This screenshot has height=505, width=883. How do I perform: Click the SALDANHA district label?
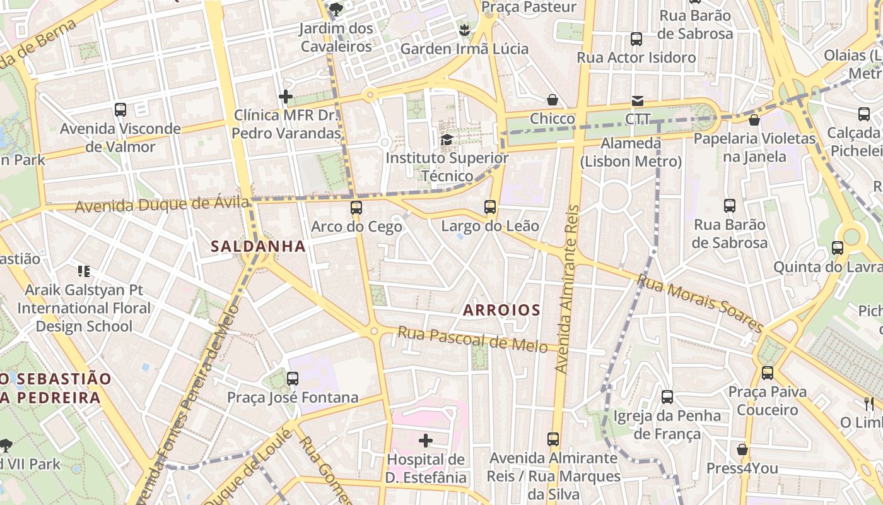259,246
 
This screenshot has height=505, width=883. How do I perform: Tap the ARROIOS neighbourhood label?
501,310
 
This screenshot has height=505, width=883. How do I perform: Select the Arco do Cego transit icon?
356,208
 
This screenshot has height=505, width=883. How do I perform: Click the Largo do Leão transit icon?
490,206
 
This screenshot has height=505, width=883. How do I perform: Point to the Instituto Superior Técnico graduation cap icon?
447,140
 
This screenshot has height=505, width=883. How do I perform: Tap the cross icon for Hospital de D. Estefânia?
426,440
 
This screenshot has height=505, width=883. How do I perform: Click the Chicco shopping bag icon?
553,100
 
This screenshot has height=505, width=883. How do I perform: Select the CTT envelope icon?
638,101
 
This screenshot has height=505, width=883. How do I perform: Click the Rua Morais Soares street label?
700,302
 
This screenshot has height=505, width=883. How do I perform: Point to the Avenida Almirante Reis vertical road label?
566,288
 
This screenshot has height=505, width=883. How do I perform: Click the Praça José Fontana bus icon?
292,379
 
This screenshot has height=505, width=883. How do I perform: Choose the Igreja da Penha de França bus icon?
667,397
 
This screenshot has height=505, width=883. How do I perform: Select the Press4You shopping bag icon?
742,449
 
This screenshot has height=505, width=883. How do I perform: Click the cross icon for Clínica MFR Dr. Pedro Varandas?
286,97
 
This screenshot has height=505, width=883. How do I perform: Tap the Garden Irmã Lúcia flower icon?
465,30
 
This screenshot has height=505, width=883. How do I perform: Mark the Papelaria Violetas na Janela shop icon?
754,120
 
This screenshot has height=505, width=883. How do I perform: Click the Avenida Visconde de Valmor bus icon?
120,110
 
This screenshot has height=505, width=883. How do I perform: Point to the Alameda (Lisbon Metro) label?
631,152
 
